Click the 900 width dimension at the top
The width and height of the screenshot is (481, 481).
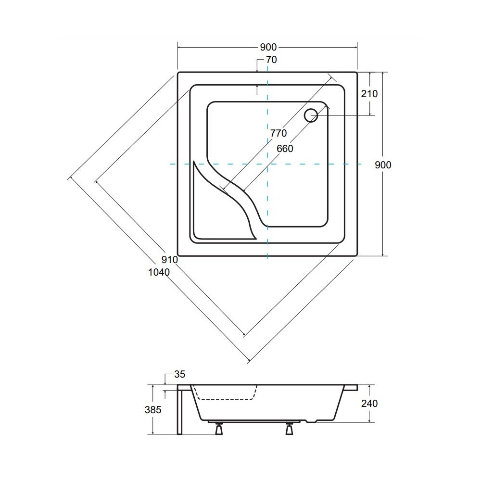click(268, 47)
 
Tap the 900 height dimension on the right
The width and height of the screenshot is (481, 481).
click(383, 165)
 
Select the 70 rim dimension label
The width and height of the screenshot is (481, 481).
click(271, 60)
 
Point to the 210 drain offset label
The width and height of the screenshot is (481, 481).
click(369, 94)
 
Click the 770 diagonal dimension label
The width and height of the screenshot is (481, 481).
click(278, 133)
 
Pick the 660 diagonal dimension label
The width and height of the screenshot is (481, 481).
click(285, 149)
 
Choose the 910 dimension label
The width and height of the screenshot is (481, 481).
click(170, 260)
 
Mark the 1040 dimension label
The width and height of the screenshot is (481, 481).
click(159, 272)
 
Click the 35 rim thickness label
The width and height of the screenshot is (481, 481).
click(179, 374)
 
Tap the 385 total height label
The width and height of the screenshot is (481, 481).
click(153, 409)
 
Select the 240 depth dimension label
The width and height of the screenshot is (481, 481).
click(369, 404)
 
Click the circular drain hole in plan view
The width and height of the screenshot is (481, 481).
click(311, 115)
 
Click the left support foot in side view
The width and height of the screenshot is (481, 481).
click(219, 429)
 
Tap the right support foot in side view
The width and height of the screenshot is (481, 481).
click(289, 429)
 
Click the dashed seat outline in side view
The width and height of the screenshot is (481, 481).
click(225, 399)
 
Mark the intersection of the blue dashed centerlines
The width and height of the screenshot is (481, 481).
click(267, 164)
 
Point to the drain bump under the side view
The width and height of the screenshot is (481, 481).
click(311, 421)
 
